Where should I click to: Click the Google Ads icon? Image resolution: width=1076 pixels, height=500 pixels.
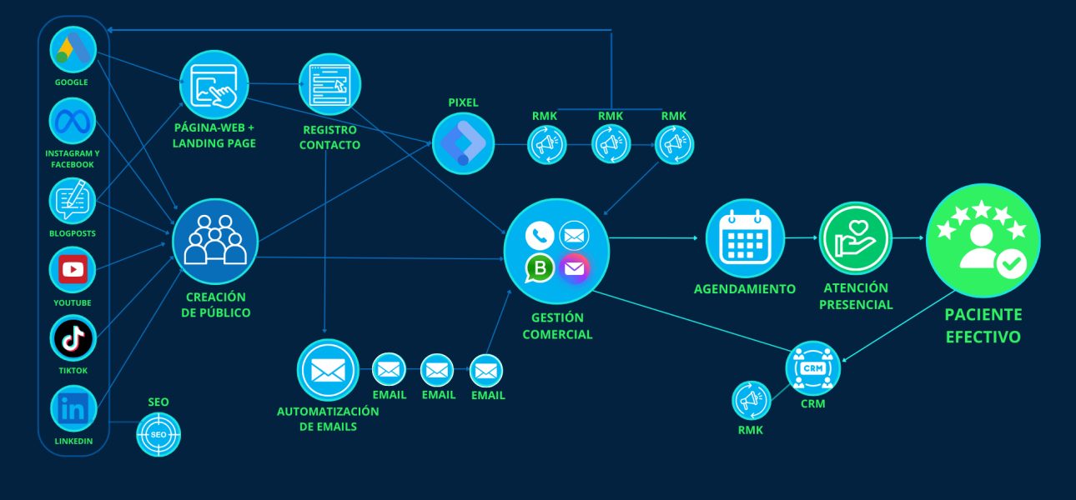pyautogui.click(x=73, y=51)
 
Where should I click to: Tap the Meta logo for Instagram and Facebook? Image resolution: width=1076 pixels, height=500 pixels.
pyautogui.click(x=73, y=122)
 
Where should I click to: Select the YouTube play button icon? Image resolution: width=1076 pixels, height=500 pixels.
pyautogui.click(x=73, y=269)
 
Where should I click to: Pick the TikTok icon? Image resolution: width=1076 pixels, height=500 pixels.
pyautogui.click(x=73, y=338)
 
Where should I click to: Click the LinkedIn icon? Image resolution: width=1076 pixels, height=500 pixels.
pyautogui.click(x=73, y=408)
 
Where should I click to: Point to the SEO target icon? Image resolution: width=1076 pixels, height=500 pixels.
pyautogui.click(x=158, y=434)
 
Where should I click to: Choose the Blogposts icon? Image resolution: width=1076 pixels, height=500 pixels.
pyautogui.click(x=73, y=201)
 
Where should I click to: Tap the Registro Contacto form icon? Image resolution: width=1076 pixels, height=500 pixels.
pyautogui.click(x=329, y=84)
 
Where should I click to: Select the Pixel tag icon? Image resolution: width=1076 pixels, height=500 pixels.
pyautogui.click(x=463, y=143)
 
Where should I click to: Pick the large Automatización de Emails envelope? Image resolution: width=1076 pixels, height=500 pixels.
pyautogui.click(x=328, y=370)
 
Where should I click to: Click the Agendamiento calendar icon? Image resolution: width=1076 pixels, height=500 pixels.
pyautogui.click(x=745, y=238)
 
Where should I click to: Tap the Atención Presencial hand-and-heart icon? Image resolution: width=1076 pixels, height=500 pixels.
pyautogui.click(x=855, y=238)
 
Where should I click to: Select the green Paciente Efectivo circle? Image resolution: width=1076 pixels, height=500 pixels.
pyautogui.click(x=983, y=241)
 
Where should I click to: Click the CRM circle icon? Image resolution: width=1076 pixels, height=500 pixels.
pyautogui.click(x=812, y=367)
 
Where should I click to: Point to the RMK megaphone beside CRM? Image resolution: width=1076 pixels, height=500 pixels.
pyautogui.click(x=752, y=400)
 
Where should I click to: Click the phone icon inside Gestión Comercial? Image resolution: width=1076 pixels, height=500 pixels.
pyautogui.click(x=540, y=236)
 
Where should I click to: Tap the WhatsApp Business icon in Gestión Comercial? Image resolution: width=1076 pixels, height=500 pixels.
pyautogui.click(x=540, y=268)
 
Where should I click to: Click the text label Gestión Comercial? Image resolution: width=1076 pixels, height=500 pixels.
pyautogui.click(x=557, y=326)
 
